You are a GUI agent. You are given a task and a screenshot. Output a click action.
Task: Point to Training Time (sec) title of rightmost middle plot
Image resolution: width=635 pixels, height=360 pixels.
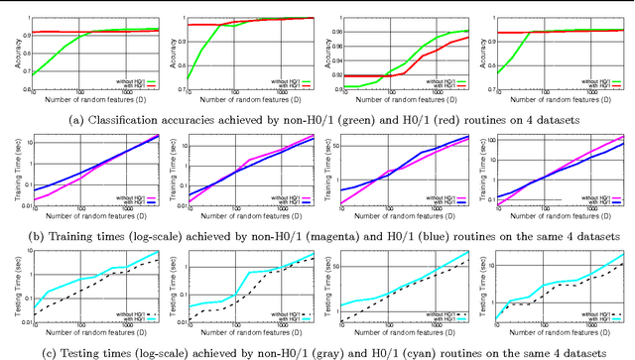(x=482, y=169)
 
